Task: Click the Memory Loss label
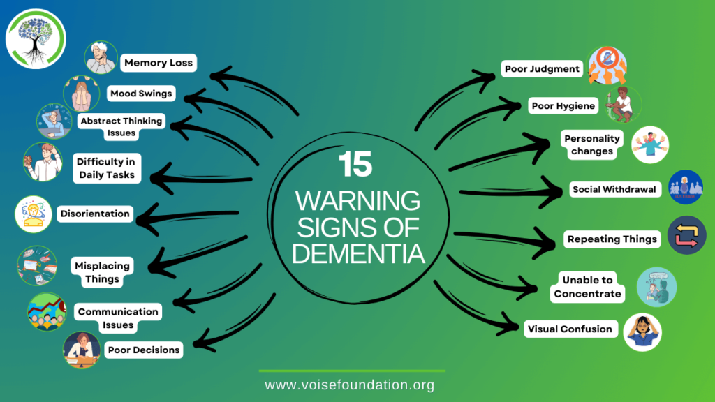158,63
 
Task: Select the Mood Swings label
140,93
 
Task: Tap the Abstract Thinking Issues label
120,126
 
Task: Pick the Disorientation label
95,214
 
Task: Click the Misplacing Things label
102,272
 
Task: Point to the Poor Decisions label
143,350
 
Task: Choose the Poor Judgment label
543,68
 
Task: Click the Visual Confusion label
570,329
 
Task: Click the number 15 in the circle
355,165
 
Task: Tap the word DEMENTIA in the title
358,253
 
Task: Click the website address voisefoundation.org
349,385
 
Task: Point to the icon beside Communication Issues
46,311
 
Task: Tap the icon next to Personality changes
649,144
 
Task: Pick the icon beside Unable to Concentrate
656,287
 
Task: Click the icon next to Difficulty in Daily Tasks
43,162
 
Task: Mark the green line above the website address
351,371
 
